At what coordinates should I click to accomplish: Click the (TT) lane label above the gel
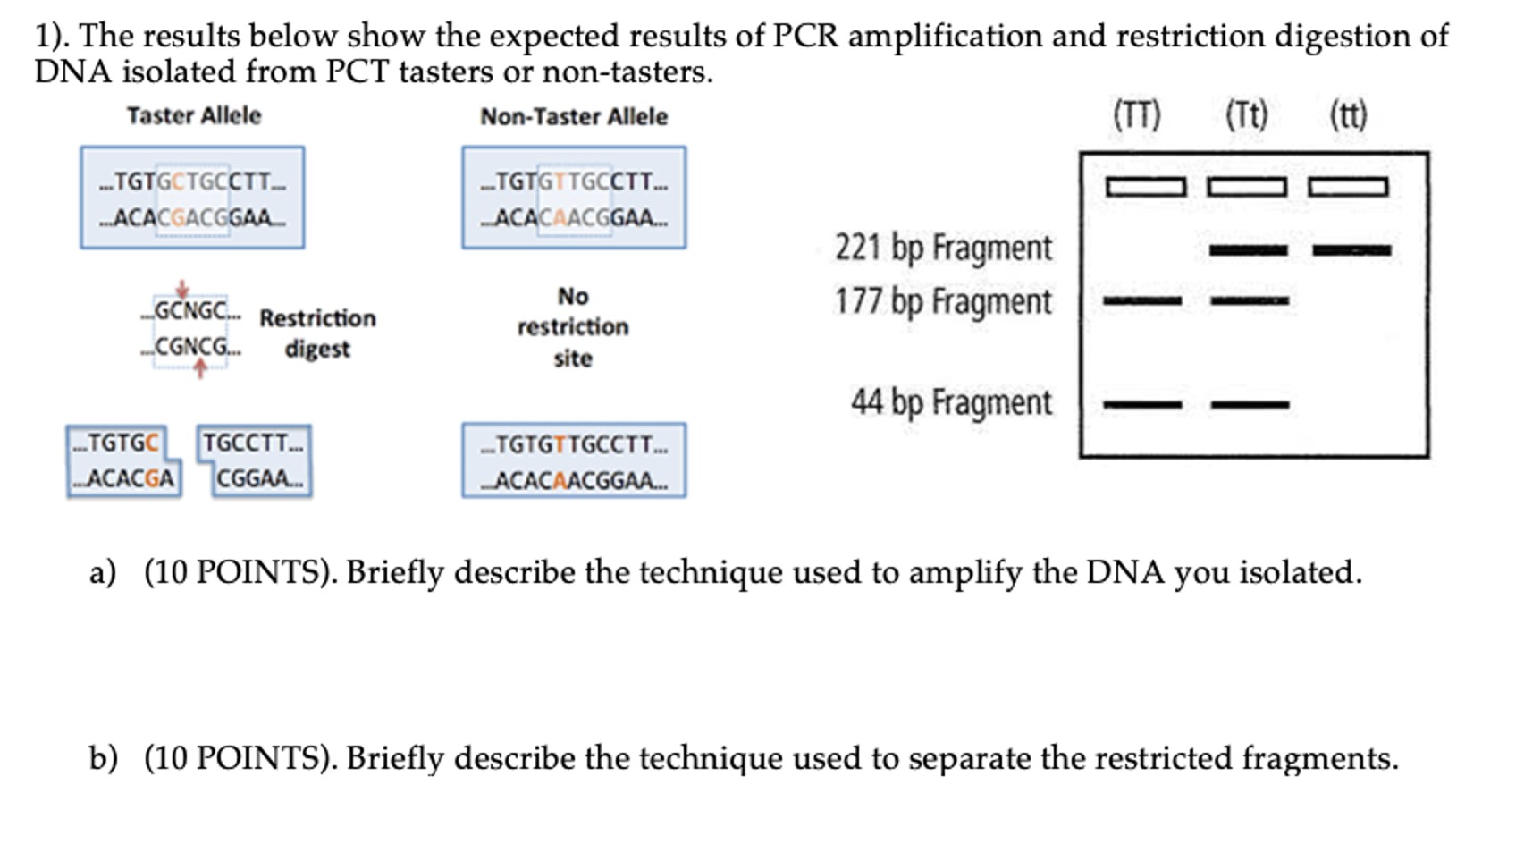1136,115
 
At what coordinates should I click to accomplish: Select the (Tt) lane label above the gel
1246,115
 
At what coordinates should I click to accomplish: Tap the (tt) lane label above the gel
1348,115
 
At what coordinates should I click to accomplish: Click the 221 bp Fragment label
943,248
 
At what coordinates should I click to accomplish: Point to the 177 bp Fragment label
943,302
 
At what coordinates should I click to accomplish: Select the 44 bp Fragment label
951,402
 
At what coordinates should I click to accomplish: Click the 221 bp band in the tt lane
1351,251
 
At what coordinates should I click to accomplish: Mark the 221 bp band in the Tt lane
1248,251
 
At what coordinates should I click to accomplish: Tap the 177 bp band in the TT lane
1142,301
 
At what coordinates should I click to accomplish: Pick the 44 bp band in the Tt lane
1250,405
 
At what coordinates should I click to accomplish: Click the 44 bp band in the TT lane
1142,405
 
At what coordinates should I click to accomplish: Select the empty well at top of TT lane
1145,187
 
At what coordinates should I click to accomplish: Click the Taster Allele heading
194,116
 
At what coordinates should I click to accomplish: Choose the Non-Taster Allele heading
574,117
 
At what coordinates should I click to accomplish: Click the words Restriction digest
317,333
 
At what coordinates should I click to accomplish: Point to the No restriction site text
573,327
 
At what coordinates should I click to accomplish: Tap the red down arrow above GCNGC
182,289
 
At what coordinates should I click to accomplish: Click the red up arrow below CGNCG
200,368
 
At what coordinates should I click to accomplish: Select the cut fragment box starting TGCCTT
255,460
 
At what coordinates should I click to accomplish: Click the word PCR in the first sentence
805,36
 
